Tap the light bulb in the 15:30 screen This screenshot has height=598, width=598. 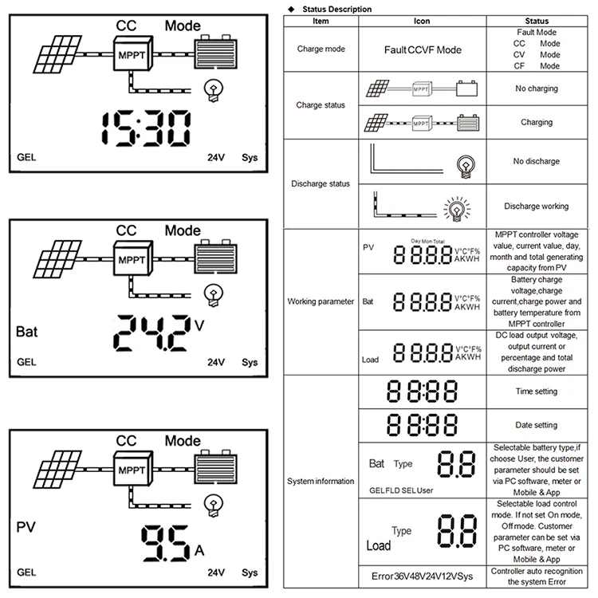coord(214,89)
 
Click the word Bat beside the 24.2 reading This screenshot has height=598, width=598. coord(26,329)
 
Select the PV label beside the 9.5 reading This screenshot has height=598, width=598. coord(26,527)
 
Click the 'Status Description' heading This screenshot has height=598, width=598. coord(334,9)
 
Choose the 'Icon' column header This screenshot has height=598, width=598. coord(423,21)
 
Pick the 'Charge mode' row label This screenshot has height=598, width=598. coord(321,49)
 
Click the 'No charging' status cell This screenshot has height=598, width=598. coord(536,89)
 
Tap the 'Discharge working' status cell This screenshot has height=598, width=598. coord(536,207)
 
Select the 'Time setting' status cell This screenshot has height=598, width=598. coord(536,391)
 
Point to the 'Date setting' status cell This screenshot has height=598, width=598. coord(536,425)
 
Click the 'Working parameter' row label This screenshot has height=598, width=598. coord(321,301)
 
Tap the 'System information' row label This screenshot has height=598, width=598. coord(321,481)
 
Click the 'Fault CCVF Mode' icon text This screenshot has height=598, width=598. coord(423,49)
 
